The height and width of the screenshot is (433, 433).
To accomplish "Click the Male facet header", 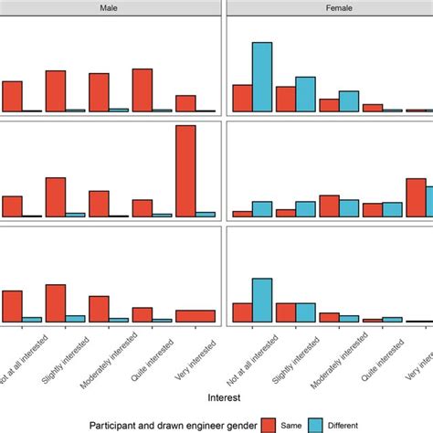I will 111,7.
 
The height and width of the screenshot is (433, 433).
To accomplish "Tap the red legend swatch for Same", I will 268,424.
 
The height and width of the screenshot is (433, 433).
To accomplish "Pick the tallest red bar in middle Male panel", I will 185,171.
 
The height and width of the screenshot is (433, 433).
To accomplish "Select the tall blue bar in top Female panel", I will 262,77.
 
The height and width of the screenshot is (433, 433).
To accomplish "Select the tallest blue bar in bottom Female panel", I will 262,300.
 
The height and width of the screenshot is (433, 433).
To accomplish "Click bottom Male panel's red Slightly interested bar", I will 55,303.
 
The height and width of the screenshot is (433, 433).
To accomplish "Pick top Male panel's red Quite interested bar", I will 143,90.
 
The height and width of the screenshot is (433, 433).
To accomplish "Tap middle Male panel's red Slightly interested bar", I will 55,196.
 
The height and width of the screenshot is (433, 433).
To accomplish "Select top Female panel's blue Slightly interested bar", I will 305,94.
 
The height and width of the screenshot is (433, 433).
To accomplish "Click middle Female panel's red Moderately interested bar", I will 329,206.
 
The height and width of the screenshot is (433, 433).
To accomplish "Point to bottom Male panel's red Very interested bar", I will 195,316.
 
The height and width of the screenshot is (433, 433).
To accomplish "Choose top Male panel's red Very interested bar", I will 185,103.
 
